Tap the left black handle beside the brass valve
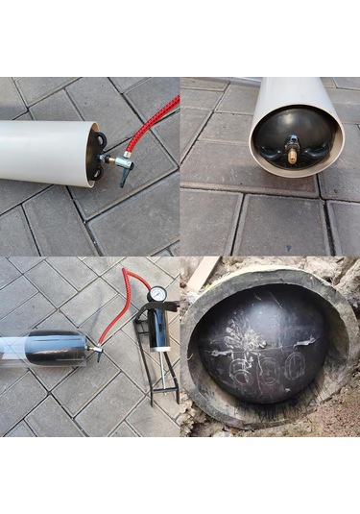click(x=278, y=146)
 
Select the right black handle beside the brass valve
click(x=309, y=145)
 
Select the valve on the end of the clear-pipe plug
click(x=96, y=352)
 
